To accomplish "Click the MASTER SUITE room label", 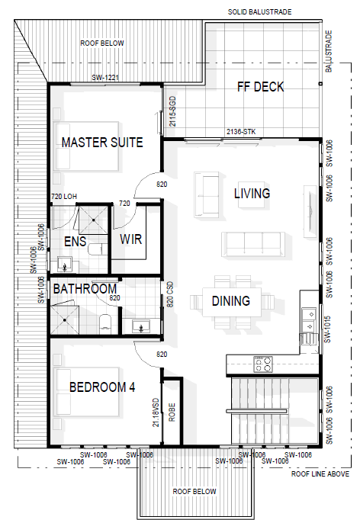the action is [x=102, y=143].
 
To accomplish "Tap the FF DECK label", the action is [x=260, y=87].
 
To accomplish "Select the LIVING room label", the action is [x=252, y=194].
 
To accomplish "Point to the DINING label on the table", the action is [x=231, y=300].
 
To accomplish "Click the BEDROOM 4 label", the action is [x=102, y=387].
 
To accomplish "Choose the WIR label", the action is [x=131, y=239].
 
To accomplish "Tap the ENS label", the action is [x=76, y=242].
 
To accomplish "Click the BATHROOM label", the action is [x=85, y=289].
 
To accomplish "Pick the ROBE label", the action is [x=172, y=412].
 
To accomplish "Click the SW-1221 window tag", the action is [x=105, y=78].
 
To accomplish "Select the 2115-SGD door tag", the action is [x=172, y=111].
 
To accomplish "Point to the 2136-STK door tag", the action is [x=241, y=132].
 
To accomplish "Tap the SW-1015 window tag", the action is [x=327, y=329].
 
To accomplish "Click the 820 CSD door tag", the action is [x=170, y=294].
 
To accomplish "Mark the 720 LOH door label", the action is [x=64, y=196].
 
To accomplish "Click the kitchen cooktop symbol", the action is [x=263, y=364].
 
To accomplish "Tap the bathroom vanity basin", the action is [x=141, y=326].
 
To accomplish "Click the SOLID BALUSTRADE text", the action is [x=260, y=12].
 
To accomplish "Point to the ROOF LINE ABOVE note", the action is [x=320, y=474].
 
